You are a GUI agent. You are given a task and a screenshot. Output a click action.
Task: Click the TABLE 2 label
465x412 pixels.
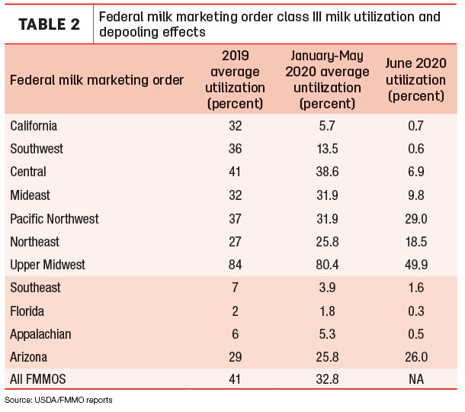click(50, 24)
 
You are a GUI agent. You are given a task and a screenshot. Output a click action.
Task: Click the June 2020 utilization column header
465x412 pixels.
click(415, 80)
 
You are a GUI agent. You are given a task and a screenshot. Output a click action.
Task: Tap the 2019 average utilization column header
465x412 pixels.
click(236, 80)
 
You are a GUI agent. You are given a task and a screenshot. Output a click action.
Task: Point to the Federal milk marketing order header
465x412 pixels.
click(97, 80)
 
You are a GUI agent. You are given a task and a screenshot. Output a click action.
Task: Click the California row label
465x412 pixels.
click(34, 126)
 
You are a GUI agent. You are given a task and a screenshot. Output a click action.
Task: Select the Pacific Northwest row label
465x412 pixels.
click(54, 219)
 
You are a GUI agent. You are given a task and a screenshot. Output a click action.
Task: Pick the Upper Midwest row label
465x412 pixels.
click(47, 265)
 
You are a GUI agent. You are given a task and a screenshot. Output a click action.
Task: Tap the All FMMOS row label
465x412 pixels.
click(37, 379)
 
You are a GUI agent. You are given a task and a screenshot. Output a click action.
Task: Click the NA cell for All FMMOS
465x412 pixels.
click(416, 379)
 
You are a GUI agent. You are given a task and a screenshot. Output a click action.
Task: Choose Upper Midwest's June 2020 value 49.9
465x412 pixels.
click(416, 265)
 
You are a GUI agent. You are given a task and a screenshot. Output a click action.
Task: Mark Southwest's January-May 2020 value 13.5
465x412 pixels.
click(327, 149)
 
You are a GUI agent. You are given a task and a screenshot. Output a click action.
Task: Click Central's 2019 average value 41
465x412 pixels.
click(235, 172)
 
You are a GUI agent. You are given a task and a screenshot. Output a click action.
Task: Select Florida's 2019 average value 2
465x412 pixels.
click(236, 311)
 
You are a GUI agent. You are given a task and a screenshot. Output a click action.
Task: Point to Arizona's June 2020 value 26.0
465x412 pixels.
click(416, 357)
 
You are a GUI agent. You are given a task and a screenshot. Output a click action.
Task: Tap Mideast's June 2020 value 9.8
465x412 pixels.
click(416, 195)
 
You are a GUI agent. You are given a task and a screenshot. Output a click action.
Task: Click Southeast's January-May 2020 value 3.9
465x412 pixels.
click(327, 288)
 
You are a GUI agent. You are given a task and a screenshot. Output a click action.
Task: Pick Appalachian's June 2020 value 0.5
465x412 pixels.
click(416, 334)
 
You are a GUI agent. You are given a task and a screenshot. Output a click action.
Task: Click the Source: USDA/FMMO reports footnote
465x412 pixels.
click(59, 400)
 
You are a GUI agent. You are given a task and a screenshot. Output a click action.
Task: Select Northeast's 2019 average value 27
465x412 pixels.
click(235, 242)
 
